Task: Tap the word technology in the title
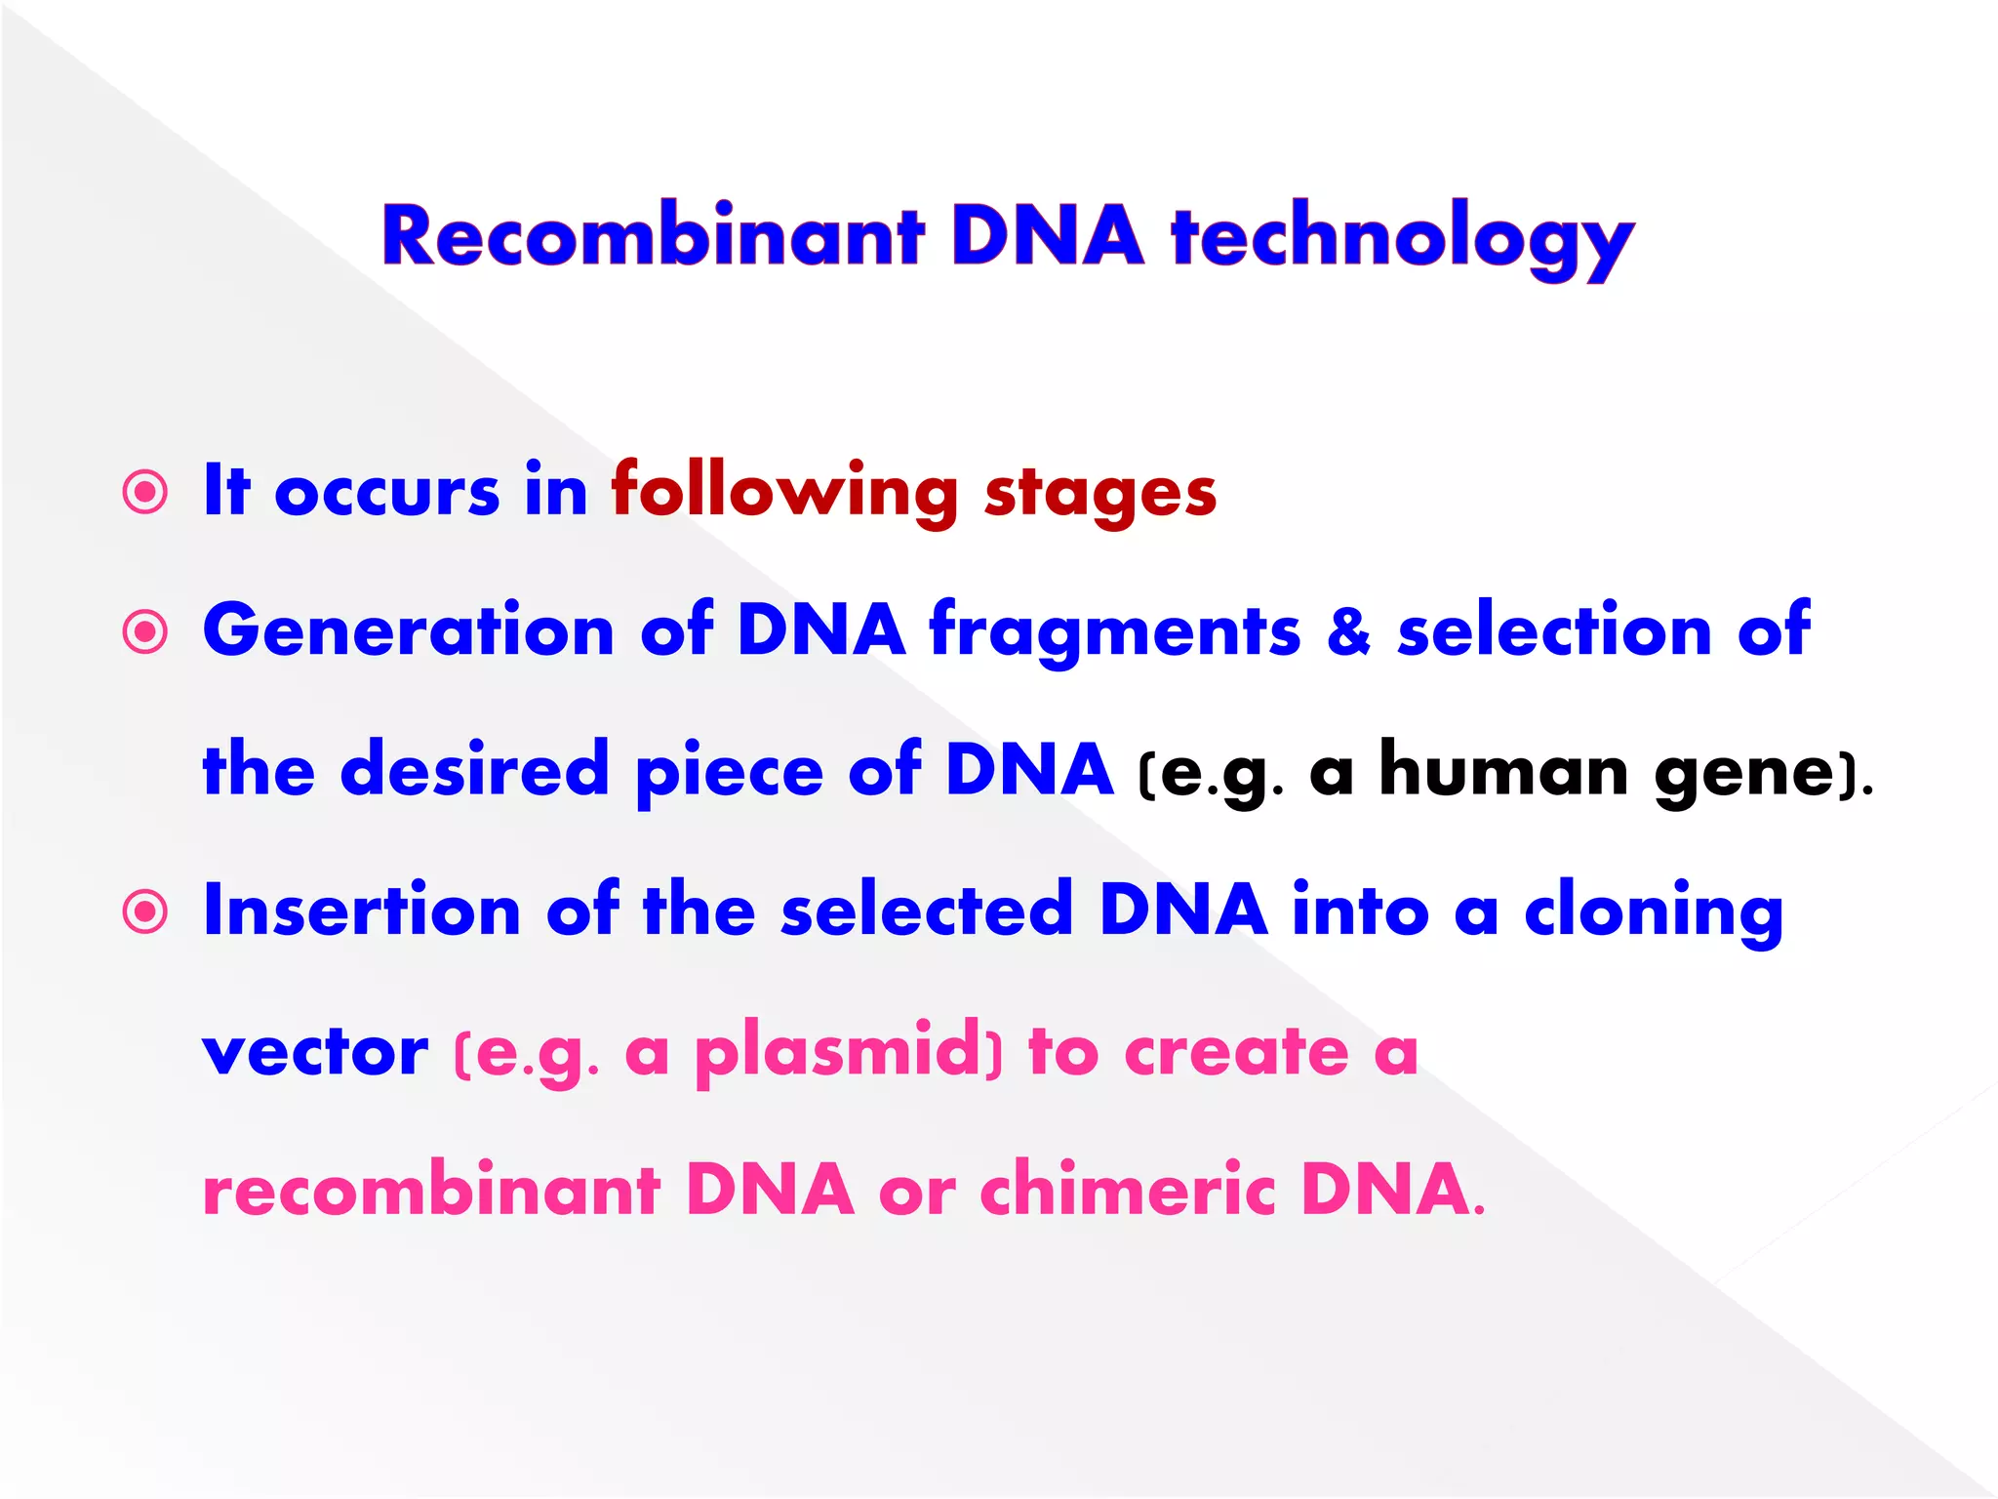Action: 1402,239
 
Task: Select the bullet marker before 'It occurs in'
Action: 145,493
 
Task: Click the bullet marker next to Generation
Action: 145,632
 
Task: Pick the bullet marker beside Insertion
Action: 145,912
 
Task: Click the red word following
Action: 784,491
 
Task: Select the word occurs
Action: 387,493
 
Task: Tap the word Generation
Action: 408,630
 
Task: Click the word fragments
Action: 1114,632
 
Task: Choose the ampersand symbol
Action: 1348,630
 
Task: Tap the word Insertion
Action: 361,911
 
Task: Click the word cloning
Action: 1654,912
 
